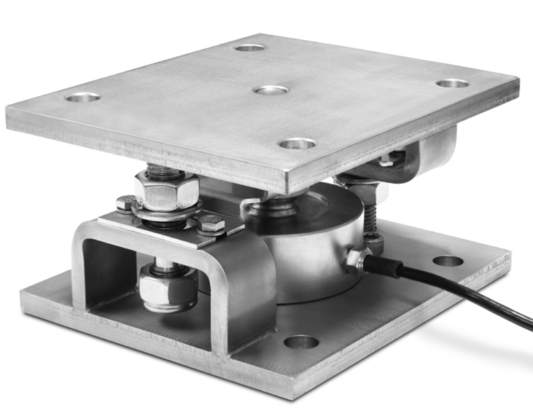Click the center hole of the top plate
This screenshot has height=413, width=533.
coord(271,89)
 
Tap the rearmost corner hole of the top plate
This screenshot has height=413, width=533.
coord(249,47)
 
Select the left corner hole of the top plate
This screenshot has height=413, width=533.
coord(83,97)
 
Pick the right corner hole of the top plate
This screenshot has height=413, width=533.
coord(453,83)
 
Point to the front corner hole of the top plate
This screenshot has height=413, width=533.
coord(297,143)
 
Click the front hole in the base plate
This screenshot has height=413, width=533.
coord(301,342)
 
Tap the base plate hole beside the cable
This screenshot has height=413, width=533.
coord(448,260)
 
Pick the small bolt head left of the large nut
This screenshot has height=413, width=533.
coord(125,203)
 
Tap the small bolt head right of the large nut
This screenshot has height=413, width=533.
coord(211,224)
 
